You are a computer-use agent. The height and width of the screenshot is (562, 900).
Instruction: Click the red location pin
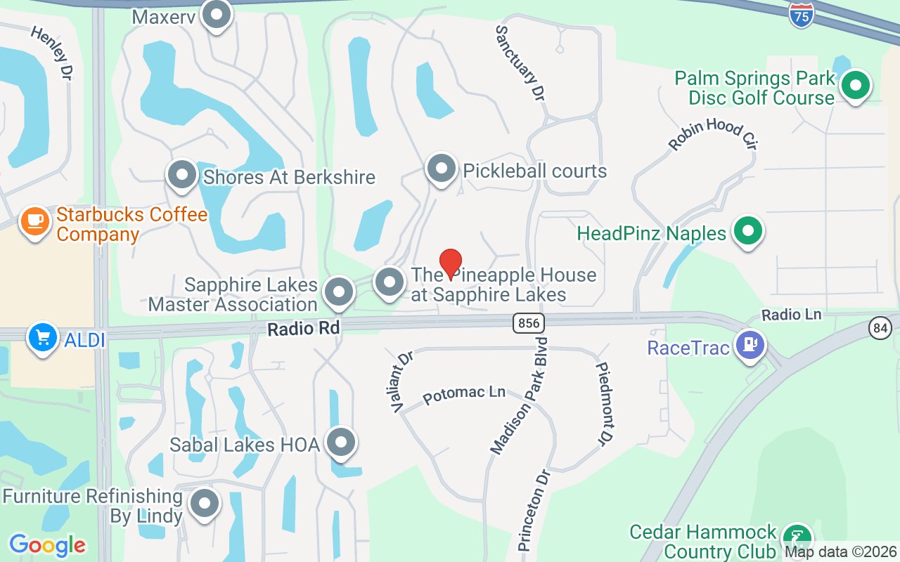(x=450, y=263)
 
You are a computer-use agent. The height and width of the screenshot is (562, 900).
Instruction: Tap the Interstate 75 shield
(x=801, y=15)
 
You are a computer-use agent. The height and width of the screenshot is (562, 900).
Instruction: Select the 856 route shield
(x=527, y=323)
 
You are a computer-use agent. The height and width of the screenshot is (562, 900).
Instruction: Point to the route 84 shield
(x=880, y=327)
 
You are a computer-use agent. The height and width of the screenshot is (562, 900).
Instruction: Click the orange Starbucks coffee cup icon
(x=34, y=221)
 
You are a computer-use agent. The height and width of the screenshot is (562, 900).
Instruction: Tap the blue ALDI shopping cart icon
(x=42, y=338)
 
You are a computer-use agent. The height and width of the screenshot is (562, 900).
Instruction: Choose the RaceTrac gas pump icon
(x=750, y=345)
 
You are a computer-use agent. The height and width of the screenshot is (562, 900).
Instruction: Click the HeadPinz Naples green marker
(x=749, y=230)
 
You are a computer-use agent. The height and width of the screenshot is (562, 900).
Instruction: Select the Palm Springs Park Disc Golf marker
(x=856, y=86)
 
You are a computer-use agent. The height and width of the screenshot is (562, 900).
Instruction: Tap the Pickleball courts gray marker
(x=442, y=169)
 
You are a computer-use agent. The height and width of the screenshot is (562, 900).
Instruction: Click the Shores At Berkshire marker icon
(x=182, y=174)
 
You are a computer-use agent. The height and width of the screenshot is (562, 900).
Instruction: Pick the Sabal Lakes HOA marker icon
(x=342, y=443)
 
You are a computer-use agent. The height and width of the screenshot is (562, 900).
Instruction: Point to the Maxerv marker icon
(x=217, y=15)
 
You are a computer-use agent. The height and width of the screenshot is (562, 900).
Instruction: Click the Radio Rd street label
(x=303, y=327)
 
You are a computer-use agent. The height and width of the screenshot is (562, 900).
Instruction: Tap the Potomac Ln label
(x=464, y=394)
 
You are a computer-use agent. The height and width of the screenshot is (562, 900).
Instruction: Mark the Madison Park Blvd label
(x=519, y=396)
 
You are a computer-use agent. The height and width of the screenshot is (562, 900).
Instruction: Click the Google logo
(x=47, y=545)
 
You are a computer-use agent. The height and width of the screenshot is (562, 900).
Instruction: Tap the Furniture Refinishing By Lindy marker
(x=205, y=503)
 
